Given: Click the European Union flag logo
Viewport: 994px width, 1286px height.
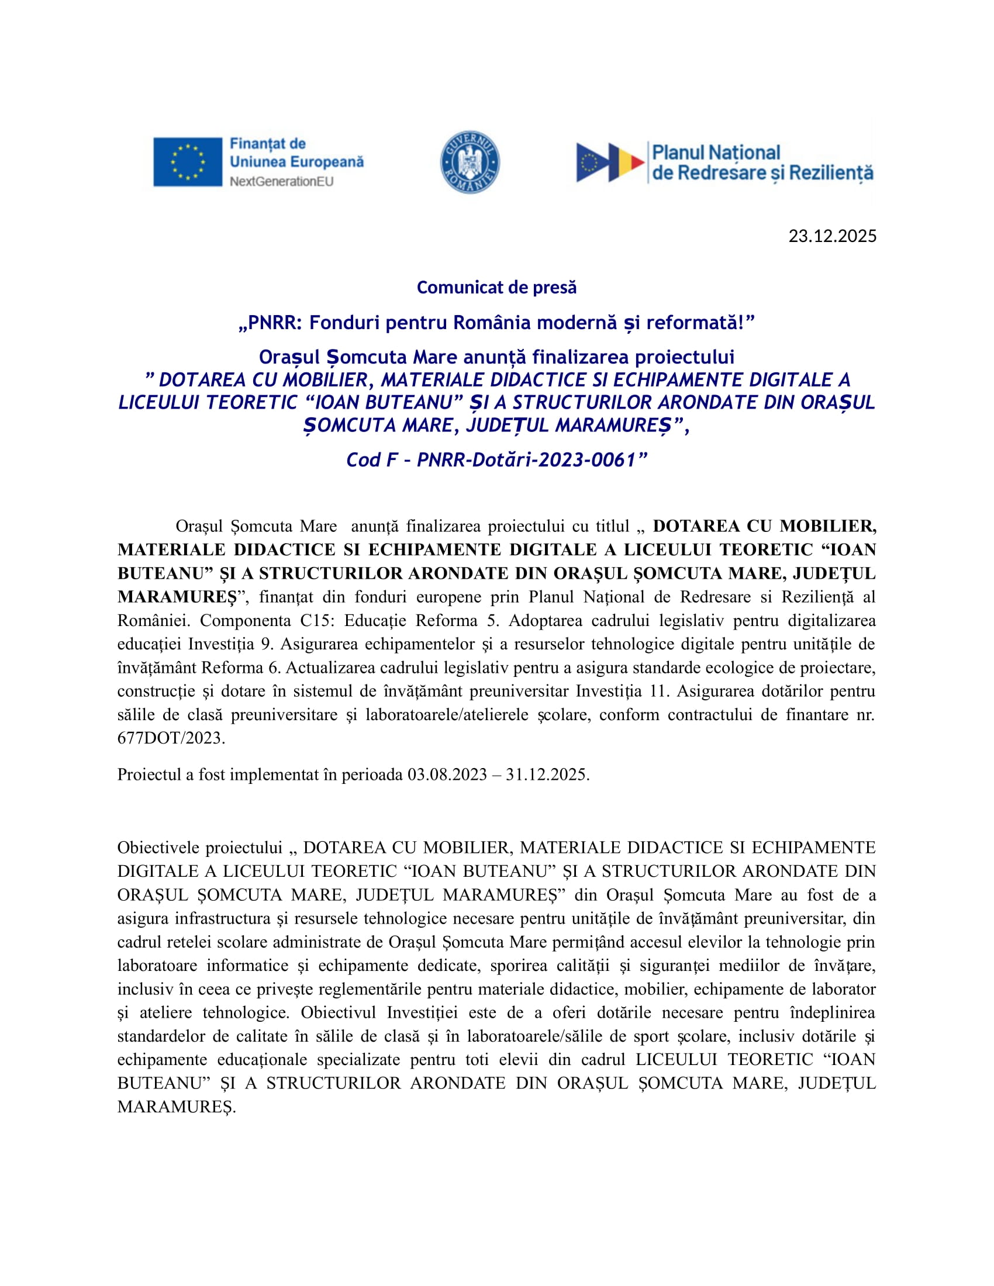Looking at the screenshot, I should tap(187, 162).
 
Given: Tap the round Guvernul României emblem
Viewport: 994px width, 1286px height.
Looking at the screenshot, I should tap(470, 162).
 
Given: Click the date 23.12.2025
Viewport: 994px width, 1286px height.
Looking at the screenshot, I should tap(832, 236).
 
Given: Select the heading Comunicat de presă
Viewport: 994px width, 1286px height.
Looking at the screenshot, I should tap(496, 288).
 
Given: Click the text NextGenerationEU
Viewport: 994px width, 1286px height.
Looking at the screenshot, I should tap(281, 181).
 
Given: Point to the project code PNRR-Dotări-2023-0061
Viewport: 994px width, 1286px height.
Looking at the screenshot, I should tap(526, 460).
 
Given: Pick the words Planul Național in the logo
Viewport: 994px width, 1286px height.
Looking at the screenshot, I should tap(716, 153).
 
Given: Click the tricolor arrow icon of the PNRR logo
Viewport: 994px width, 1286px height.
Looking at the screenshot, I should tap(609, 162).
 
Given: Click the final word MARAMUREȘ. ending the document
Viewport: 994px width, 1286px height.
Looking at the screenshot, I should tap(176, 1107).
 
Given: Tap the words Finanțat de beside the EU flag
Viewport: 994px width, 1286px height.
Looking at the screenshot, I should tap(267, 144).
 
